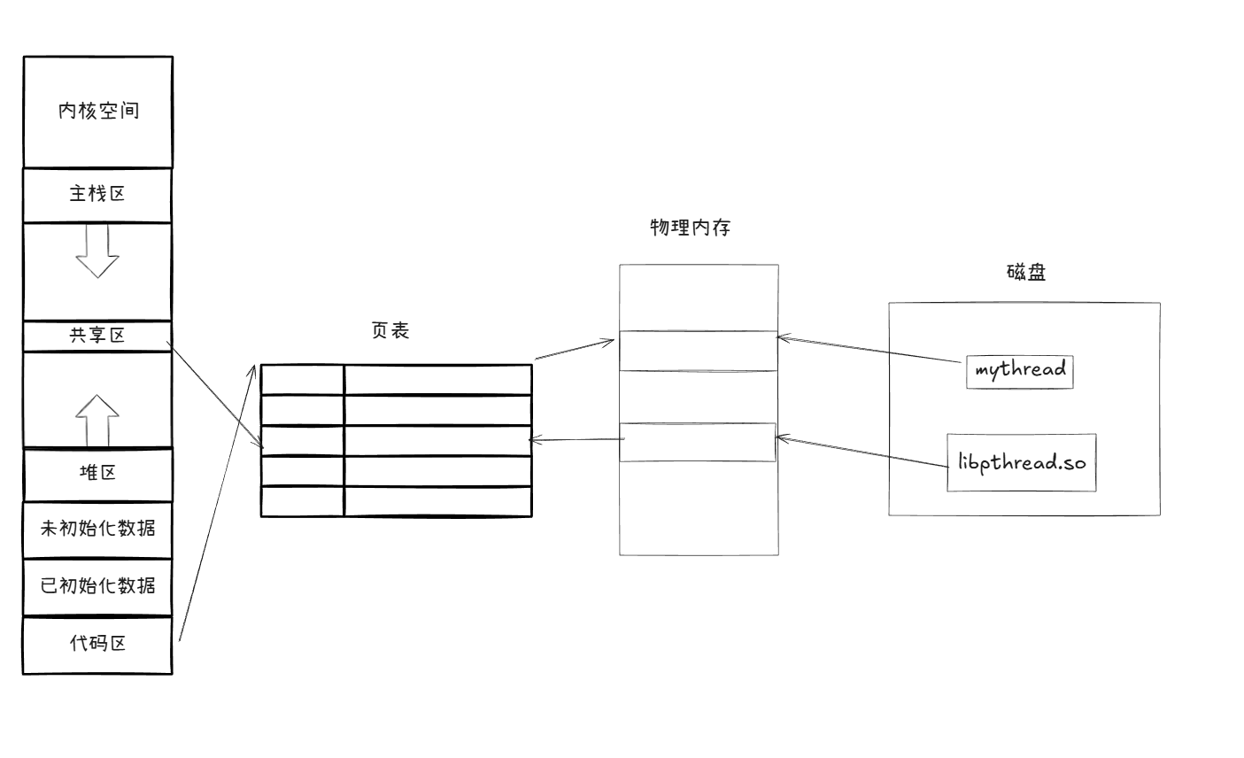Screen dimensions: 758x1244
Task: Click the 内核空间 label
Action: click(x=98, y=111)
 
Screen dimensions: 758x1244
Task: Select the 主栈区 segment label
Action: click(x=97, y=194)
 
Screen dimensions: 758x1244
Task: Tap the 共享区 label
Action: click(x=97, y=336)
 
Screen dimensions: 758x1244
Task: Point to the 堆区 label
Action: click(x=97, y=472)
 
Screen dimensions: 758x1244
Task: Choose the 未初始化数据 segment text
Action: click(x=97, y=529)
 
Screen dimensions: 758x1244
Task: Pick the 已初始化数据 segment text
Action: click(x=97, y=585)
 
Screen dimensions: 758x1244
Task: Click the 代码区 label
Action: click(x=97, y=643)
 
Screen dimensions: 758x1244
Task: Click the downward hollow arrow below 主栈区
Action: click(x=97, y=251)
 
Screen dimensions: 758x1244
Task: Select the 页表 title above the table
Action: click(x=390, y=330)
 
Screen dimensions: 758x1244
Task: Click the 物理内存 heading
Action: click(x=690, y=227)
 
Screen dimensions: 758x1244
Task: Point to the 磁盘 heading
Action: click(x=1026, y=272)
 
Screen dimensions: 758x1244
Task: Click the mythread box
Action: click(x=1020, y=370)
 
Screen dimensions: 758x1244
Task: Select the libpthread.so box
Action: click(x=1021, y=462)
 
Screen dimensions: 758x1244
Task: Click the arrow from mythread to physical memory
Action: click(x=871, y=350)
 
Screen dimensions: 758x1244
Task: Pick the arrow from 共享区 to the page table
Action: click(x=216, y=398)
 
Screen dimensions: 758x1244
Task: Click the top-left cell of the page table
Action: click(x=302, y=379)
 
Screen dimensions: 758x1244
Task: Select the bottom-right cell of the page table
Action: click(x=437, y=501)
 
